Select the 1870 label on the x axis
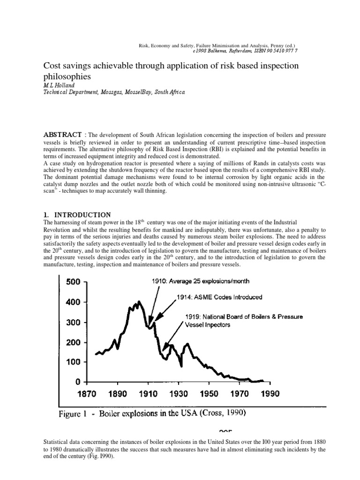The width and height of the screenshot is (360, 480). point(87,394)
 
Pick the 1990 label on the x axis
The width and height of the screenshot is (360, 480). point(269,394)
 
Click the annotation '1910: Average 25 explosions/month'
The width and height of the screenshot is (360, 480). point(193,281)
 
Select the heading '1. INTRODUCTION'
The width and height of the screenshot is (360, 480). point(77,215)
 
